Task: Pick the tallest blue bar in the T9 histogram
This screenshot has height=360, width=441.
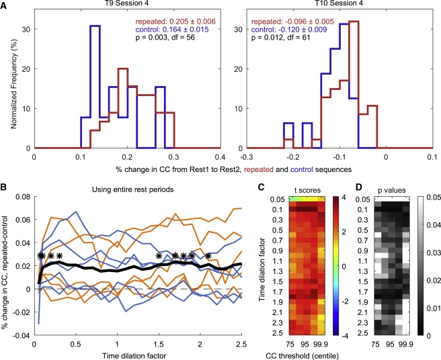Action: coord(95,27)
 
